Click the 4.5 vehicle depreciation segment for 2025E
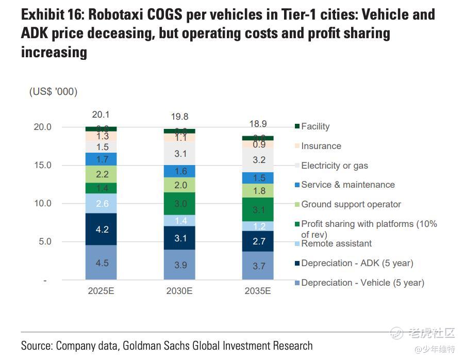[x=102, y=263]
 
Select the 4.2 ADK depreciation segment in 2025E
[x=102, y=229]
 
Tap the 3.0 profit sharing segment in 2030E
[x=180, y=204]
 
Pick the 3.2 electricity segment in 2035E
[x=258, y=160]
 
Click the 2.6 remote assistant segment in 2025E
[x=102, y=204]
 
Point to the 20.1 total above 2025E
[x=101, y=115]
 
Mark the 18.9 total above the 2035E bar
[x=258, y=124]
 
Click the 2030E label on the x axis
[x=179, y=291]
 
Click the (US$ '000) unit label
[x=53, y=92]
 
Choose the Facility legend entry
[x=315, y=126]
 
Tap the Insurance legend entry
[x=321, y=146]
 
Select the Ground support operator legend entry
[x=351, y=204]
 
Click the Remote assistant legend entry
[x=336, y=243]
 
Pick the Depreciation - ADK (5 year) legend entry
[x=357, y=263]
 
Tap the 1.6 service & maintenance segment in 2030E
[x=180, y=171]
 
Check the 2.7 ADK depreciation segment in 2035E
[x=258, y=241]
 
